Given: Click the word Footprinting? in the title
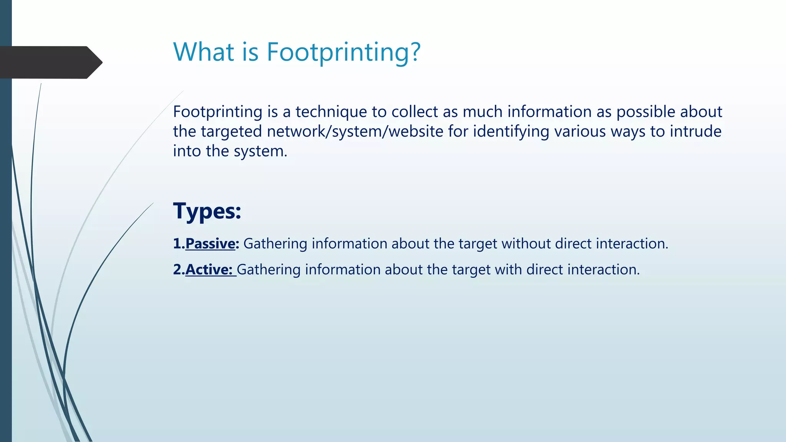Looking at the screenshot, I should click(x=343, y=52).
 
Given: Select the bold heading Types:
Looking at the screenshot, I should click(x=207, y=211).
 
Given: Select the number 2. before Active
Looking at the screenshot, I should click(x=179, y=270).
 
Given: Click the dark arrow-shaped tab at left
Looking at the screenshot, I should click(x=50, y=63).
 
